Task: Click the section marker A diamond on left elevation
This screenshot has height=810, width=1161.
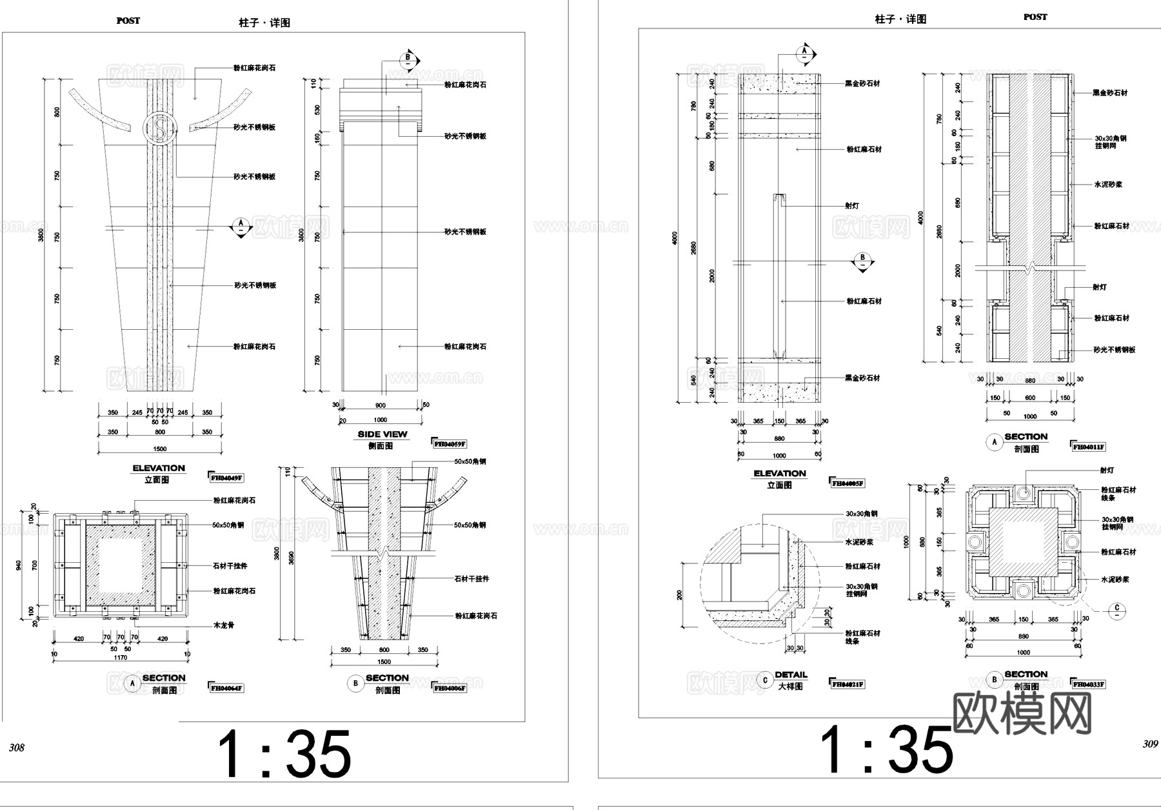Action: tap(241, 227)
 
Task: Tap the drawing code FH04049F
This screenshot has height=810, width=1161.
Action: tap(226, 478)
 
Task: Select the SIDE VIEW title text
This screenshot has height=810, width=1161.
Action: tap(382, 434)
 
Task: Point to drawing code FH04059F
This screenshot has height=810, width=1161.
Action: tap(449, 444)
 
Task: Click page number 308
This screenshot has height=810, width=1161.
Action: tap(16, 747)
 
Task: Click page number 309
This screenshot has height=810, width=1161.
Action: tap(1150, 744)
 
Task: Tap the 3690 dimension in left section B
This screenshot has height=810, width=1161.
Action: tap(291, 557)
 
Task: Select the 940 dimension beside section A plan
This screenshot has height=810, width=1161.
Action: tap(19, 565)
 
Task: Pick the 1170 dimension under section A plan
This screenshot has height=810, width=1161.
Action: tap(121, 658)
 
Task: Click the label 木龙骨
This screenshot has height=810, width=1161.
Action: tap(224, 625)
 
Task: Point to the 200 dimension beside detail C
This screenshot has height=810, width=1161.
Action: tap(680, 594)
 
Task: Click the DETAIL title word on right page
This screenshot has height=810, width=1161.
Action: tap(791, 675)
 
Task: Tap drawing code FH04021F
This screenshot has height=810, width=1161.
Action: tap(848, 684)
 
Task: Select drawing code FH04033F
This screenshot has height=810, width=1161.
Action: tap(1087, 684)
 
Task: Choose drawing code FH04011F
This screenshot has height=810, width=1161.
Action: tap(1088, 447)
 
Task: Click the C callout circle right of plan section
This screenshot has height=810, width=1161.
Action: tap(1118, 609)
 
